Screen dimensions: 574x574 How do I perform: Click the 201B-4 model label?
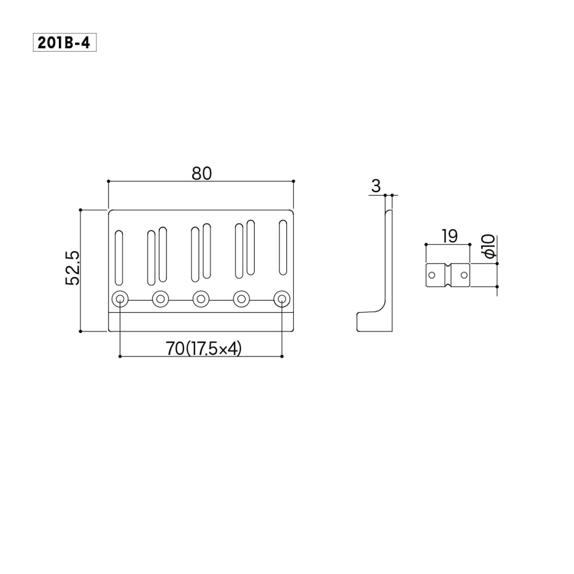[x=64, y=43]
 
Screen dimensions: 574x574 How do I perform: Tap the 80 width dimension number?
[x=202, y=174]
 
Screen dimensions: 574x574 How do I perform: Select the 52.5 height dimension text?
[x=72, y=269]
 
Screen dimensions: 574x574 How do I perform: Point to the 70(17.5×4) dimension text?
[x=204, y=348]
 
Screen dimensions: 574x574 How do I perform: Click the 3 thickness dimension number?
[x=376, y=186]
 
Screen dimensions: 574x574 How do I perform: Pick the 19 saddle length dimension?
[x=450, y=236]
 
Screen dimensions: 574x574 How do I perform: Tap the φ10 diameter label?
[x=489, y=247]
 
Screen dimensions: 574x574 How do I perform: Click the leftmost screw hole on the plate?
[x=120, y=299]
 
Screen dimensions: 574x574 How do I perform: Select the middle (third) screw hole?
[x=201, y=299]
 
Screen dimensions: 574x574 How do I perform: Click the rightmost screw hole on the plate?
[x=281, y=299]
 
